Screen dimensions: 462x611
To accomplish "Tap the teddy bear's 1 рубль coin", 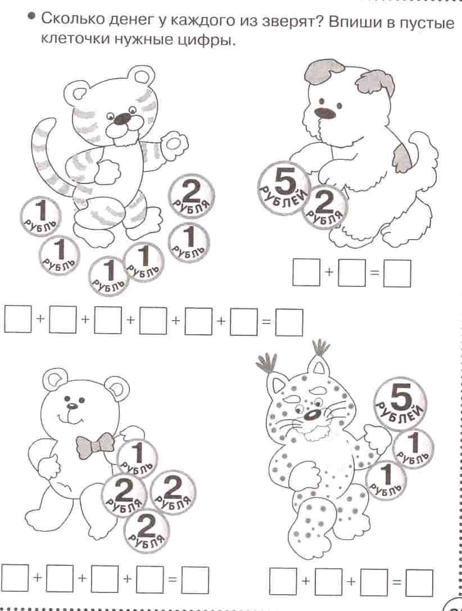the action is (x=137, y=457).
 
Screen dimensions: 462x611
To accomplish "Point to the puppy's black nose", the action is (x=325, y=112).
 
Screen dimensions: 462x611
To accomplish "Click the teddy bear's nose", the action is (x=71, y=406).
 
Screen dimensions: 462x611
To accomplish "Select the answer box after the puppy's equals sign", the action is (x=397, y=273).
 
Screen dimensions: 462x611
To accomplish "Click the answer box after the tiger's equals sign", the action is (x=289, y=322).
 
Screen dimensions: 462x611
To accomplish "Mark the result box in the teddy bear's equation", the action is (x=196, y=579).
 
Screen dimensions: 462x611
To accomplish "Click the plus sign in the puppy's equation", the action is (x=329, y=273).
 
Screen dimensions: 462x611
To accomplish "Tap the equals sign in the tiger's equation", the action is (x=266, y=322).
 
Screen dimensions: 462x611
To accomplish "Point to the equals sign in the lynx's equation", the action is (x=397, y=582).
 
